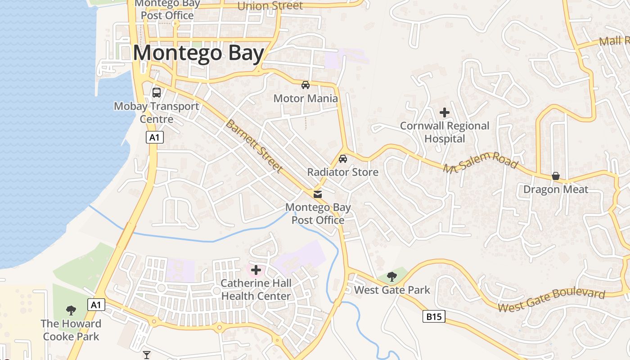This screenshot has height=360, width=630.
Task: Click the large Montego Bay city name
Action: (x=198, y=53)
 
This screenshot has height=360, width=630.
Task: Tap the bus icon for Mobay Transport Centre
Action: (x=157, y=93)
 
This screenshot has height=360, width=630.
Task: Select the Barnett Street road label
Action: (x=254, y=146)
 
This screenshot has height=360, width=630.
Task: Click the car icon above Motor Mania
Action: (x=306, y=85)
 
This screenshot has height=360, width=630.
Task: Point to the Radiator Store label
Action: (x=342, y=172)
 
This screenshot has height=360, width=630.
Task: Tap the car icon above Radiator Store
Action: (x=343, y=159)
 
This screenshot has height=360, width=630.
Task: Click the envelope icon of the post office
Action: (x=318, y=194)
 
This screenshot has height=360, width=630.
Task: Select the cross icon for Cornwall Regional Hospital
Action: (x=445, y=112)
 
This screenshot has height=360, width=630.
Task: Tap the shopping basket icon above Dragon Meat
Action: (x=556, y=176)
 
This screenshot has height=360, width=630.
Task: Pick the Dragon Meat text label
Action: (x=555, y=189)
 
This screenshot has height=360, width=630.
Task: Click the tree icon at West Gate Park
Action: (x=392, y=276)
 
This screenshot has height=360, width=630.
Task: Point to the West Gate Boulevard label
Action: (x=551, y=301)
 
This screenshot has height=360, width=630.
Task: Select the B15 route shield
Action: (x=434, y=317)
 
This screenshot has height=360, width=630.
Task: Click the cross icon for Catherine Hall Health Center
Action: (x=256, y=270)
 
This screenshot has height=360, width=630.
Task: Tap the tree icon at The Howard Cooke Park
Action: (x=71, y=310)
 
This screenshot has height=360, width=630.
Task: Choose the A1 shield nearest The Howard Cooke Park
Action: (x=95, y=305)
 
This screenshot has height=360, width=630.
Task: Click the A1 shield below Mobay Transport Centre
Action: (x=154, y=138)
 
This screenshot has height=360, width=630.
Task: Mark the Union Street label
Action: (x=270, y=5)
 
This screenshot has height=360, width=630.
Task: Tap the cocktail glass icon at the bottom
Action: (x=147, y=355)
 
